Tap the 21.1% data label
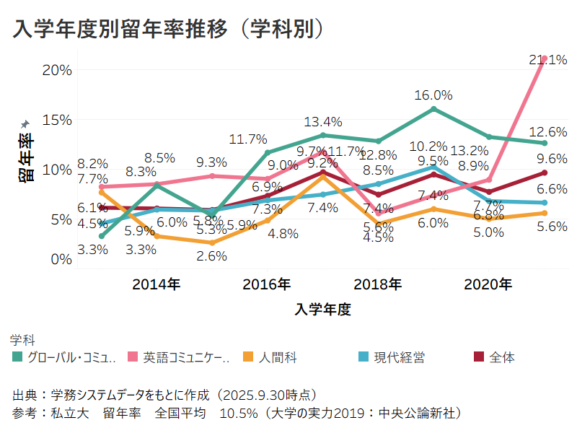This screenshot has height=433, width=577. (547, 60)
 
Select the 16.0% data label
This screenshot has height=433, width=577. (433, 95)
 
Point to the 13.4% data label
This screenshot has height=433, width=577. (322, 121)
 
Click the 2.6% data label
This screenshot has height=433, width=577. (211, 255)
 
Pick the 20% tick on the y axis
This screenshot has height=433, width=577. (57, 70)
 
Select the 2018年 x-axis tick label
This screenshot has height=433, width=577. (378, 284)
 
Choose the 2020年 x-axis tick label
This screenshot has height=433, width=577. (488, 284)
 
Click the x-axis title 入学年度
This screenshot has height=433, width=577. (322, 310)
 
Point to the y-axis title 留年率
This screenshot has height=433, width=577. (26, 157)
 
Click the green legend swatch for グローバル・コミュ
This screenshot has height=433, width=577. (17, 357)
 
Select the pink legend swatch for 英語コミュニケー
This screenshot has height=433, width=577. (133, 357)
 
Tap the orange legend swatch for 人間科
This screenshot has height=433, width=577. (248, 357)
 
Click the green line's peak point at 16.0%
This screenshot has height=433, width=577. (433, 109)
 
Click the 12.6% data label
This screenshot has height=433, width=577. (547, 132)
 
